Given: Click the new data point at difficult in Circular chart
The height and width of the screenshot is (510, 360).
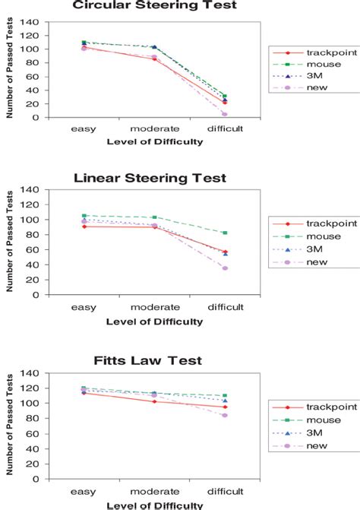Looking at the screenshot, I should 225,115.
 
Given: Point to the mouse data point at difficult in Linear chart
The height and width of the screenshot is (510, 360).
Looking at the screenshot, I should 225,233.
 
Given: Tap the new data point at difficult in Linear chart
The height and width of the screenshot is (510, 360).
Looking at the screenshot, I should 225,268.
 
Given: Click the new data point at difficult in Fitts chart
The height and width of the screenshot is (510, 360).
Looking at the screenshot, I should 225,415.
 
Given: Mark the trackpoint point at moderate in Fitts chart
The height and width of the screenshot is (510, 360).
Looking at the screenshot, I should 154,401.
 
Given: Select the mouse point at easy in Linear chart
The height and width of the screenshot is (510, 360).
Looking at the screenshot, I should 84,216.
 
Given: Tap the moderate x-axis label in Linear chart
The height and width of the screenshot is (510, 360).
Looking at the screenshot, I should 154,306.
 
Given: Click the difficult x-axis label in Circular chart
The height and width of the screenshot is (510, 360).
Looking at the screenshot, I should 225,128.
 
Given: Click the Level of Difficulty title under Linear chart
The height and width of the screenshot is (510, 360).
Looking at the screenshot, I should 154,321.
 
